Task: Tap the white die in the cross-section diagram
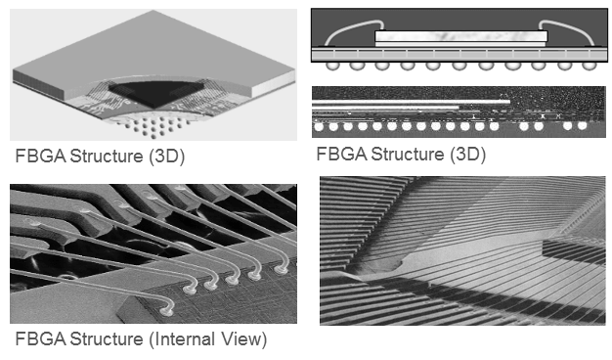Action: point(459,36)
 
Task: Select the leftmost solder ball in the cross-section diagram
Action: point(333,66)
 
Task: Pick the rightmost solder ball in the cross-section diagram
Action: point(588,66)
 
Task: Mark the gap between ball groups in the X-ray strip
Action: point(508,127)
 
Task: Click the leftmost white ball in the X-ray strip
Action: point(320,127)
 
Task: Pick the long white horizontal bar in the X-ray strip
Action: point(411,101)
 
